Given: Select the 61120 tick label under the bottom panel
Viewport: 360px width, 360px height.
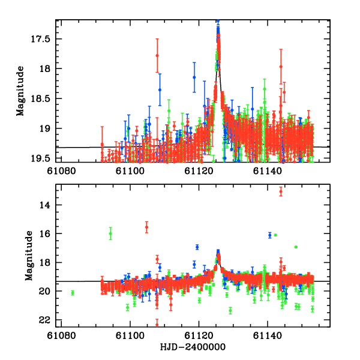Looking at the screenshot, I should [199, 337].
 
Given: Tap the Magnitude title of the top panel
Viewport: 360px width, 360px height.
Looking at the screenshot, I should [21, 91].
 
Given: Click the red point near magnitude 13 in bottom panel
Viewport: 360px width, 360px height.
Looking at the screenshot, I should [281, 191].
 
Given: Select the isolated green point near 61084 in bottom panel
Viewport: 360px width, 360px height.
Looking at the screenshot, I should [72, 293].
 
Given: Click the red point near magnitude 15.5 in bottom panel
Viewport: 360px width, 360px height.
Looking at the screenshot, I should [146, 227].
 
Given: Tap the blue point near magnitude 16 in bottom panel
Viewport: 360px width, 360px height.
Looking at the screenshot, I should [270, 235].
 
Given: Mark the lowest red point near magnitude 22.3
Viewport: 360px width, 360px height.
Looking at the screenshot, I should [157, 325].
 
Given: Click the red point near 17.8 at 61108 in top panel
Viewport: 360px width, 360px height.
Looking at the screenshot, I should [157, 55].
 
